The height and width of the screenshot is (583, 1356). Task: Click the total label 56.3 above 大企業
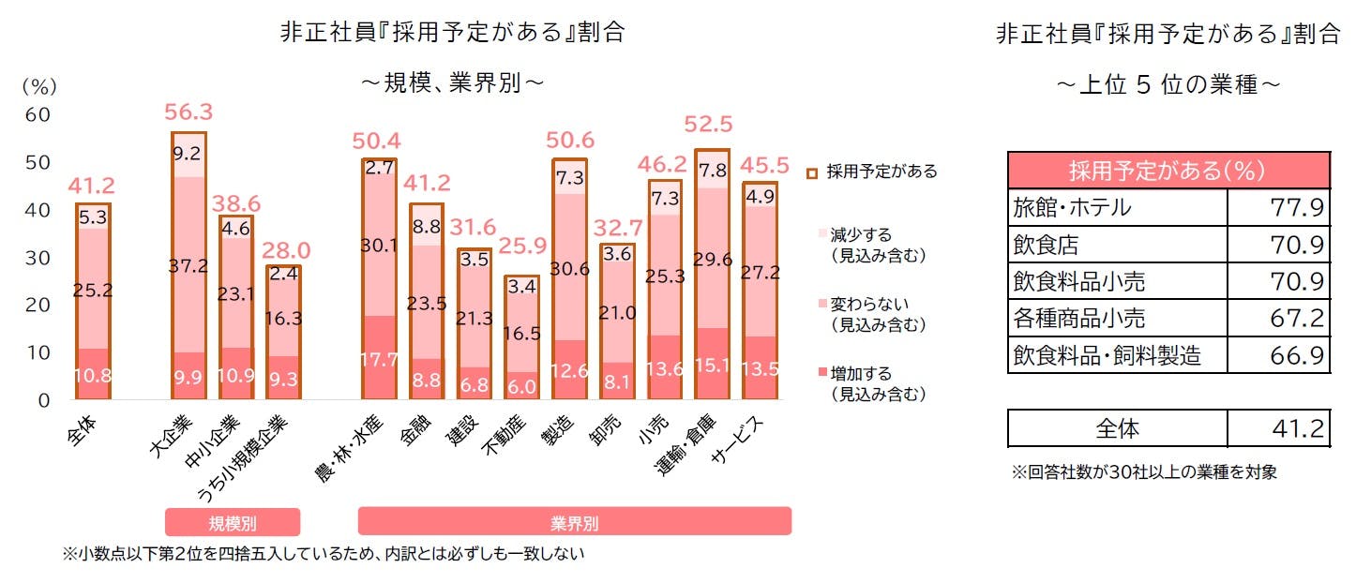click(188, 112)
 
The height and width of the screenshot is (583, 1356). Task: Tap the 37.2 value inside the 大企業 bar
click(188, 267)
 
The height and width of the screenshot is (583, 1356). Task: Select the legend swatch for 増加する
click(813, 375)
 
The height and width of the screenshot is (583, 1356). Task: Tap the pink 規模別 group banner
click(233, 522)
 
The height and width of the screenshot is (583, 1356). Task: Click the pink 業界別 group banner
click(574, 522)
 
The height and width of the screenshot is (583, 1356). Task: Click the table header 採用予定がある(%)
click(1168, 171)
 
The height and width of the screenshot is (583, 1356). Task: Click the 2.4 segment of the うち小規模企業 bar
click(284, 275)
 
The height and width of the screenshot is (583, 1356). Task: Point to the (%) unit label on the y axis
click(39, 86)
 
